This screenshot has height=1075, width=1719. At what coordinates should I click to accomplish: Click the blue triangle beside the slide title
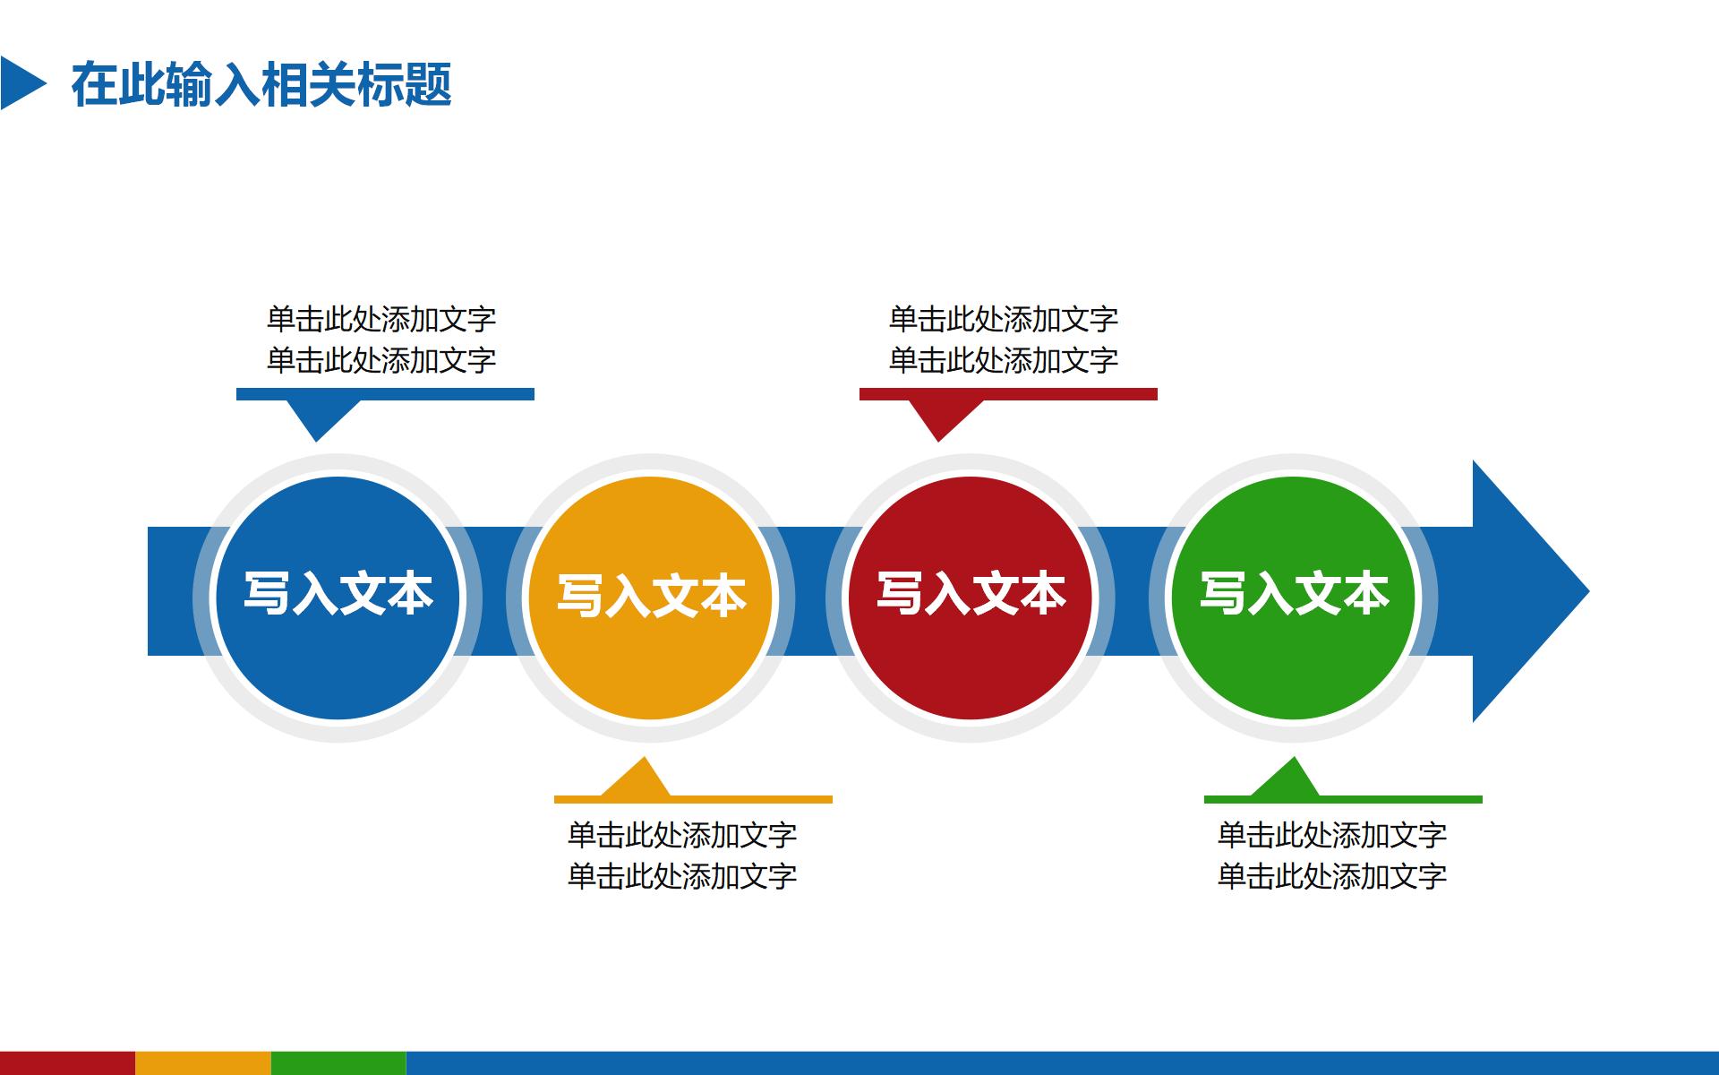[20, 84]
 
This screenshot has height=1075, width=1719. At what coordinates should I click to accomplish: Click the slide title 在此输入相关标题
[261, 85]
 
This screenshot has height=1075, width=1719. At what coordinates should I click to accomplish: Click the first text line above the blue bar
[381, 319]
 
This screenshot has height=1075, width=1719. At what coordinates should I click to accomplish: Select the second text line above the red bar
[1004, 360]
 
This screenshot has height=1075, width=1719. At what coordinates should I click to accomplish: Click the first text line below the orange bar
[682, 835]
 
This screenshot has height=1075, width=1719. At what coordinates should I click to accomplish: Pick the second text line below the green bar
[1332, 876]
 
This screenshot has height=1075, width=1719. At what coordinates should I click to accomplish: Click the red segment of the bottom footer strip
[67, 1063]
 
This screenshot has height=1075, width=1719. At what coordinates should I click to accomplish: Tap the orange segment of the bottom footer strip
[203, 1063]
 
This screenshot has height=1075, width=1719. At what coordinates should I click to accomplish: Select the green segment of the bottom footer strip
[338, 1063]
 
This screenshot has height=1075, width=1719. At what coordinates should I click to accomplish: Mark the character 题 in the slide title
[429, 85]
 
